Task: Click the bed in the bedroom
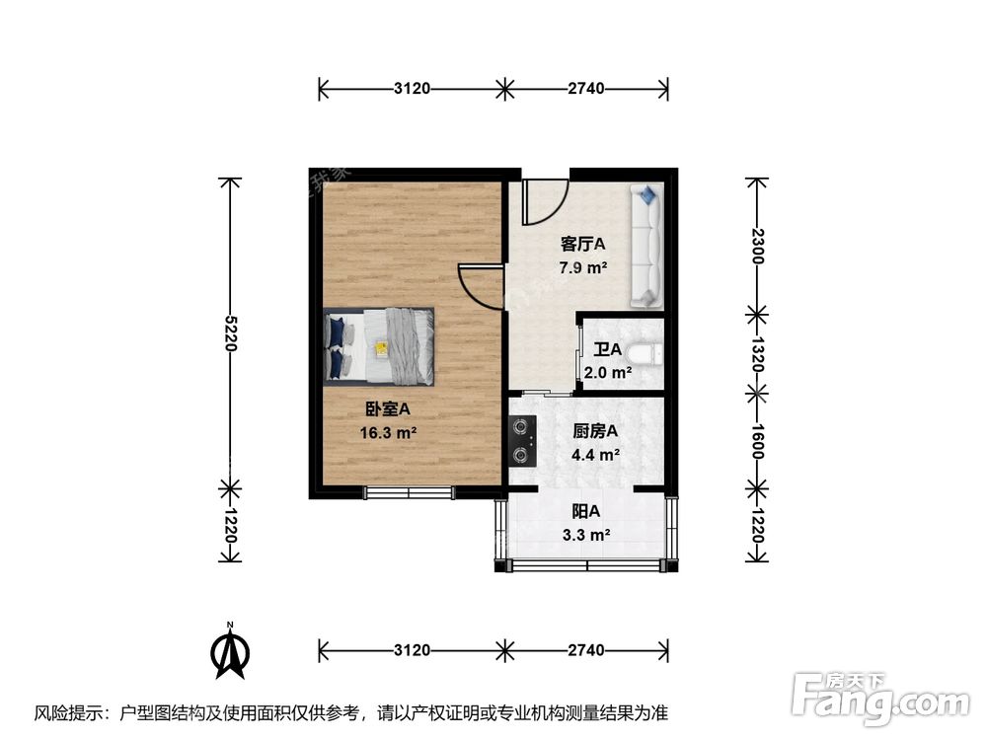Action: [380, 345]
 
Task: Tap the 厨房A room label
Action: [595, 431]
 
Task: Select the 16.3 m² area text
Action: [387, 431]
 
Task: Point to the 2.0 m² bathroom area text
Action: [607, 373]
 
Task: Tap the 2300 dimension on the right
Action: [756, 244]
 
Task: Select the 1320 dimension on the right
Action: [756, 353]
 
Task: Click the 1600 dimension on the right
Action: [756, 438]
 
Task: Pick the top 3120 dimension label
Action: [412, 89]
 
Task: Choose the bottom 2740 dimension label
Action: [585, 650]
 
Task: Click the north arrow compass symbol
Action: [231, 652]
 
